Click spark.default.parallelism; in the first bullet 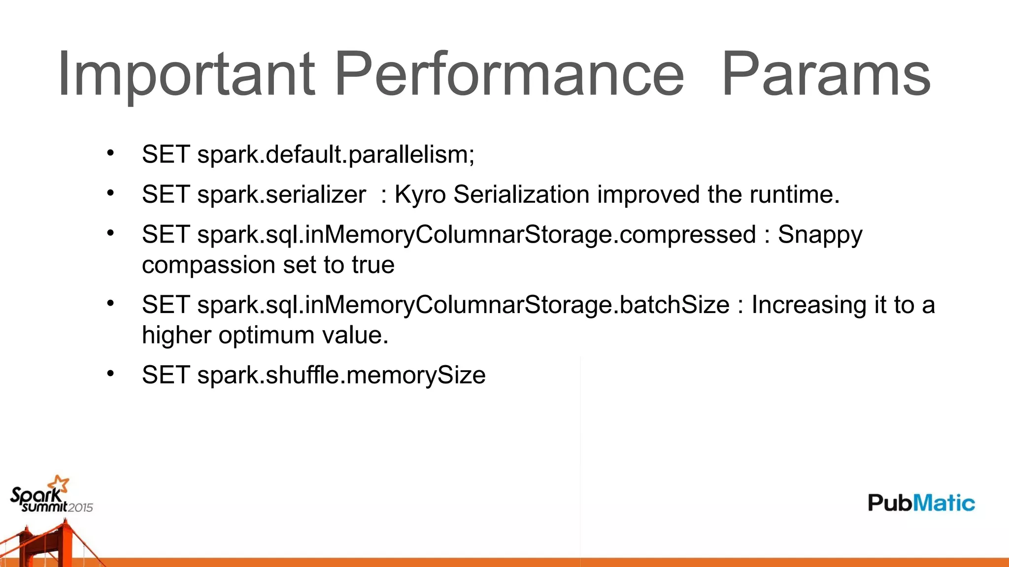tap(336, 155)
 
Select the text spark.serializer tap(281, 194)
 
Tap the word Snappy tap(820, 235)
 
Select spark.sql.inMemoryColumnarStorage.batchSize tap(463, 305)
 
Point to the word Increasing tap(808, 305)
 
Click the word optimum tap(266, 335)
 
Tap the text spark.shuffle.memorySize tap(341, 375)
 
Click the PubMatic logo tap(921, 503)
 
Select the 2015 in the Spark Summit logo tap(80, 508)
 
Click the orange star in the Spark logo tap(61, 483)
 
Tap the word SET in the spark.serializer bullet tap(166, 194)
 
